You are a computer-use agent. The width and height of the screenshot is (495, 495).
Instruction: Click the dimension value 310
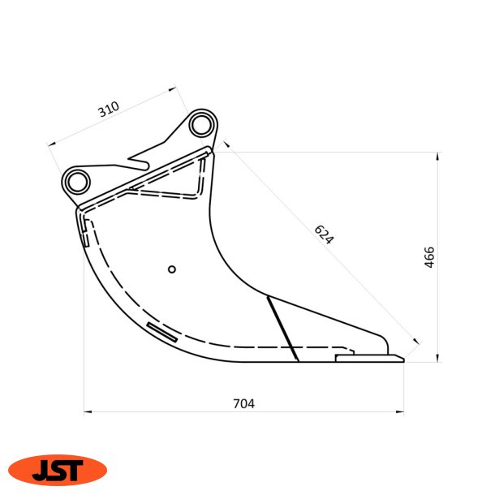(109, 109)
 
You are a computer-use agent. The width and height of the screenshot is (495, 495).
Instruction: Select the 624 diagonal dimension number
(324, 235)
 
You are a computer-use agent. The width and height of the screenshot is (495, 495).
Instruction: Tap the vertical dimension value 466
(430, 257)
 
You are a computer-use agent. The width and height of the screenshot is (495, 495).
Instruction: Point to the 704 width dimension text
(243, 403)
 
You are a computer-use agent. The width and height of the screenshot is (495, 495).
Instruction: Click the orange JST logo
(57, 470)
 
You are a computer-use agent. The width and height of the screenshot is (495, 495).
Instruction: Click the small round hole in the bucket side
(170, 269)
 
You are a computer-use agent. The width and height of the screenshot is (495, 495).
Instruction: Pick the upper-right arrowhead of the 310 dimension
(172, 89)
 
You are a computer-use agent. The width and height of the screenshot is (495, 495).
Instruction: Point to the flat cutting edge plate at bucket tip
(369, 356)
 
